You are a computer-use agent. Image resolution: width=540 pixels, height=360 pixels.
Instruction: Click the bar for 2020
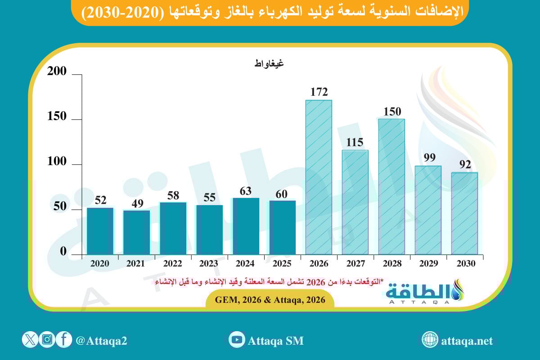pos(100,231)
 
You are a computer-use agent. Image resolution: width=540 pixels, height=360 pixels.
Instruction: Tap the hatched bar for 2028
pos(391,186)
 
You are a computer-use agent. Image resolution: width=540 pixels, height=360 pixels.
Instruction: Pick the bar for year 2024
pos(246,226)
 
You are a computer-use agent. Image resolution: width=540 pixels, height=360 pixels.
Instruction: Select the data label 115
pos(355,143)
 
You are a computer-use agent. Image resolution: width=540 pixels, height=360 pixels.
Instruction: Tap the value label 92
pos(464,164)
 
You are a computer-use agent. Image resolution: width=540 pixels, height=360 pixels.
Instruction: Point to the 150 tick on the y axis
pos(57,117)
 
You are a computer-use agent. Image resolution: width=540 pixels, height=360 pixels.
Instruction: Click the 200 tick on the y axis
pos(57,72)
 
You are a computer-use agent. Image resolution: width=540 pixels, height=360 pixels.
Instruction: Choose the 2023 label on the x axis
pos(209,264)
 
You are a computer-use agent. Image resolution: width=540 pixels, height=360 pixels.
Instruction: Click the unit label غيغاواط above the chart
pos(269,63)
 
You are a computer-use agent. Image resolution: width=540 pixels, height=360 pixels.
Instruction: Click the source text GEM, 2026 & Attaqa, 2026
pos(270,299)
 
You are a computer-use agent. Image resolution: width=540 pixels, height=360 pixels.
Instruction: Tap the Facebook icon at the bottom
pos(64,340)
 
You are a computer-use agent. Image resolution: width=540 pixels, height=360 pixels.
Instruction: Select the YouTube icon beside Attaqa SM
pos(236,340)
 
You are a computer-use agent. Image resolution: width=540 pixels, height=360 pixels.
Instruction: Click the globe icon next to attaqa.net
pos(430,340)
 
